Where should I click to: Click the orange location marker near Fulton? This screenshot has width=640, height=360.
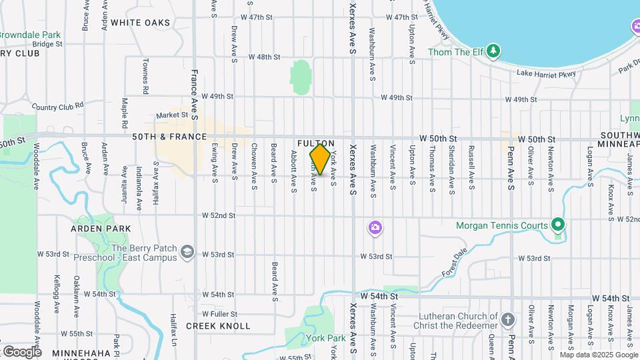[320, 159]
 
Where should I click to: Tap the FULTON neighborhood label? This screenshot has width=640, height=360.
[316, 143]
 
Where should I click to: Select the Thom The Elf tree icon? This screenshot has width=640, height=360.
[493, 51]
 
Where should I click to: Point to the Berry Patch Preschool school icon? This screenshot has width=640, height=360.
[188, 251]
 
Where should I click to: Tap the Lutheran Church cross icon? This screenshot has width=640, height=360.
[507, 320]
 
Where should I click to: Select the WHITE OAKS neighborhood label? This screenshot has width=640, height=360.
[141, 23]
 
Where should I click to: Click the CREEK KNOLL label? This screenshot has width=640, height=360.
[218, 326]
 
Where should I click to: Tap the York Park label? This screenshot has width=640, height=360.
[326, 338]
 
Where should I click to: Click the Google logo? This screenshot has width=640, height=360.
[21, 351]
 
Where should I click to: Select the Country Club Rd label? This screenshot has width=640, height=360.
[57, 106]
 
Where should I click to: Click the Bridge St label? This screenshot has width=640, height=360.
[47, 44]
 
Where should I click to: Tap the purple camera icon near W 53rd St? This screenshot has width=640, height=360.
[375, 229]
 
